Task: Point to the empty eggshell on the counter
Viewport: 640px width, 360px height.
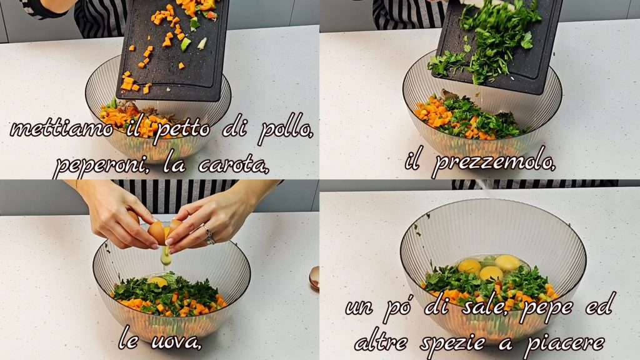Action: tap(314, 278)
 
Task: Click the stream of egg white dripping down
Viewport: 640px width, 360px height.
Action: tap(166, 256)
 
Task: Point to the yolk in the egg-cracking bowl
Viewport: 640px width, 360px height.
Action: tap(158, 281)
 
